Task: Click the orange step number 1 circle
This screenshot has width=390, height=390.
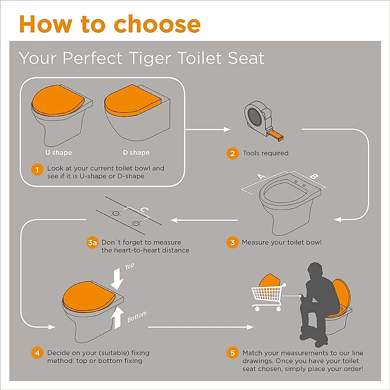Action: (37, 169)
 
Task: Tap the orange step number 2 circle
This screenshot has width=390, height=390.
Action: (232, 153)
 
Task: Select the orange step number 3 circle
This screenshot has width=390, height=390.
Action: (232, 242)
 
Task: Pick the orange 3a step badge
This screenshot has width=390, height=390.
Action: (92, 243)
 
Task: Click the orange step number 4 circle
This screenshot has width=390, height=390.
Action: (37, 353)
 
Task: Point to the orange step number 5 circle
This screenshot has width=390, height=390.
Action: (232, 353)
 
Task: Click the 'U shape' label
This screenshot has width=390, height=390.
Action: (58, 152)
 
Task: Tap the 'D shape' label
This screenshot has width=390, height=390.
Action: (136, 152)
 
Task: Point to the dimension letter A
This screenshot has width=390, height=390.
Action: (261, 176)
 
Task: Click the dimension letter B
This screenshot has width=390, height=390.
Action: (313, 176)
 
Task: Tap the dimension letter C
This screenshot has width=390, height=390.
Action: (144, 210)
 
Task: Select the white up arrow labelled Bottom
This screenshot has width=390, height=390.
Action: (118, 318)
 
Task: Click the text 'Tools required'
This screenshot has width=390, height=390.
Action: (266, 153)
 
